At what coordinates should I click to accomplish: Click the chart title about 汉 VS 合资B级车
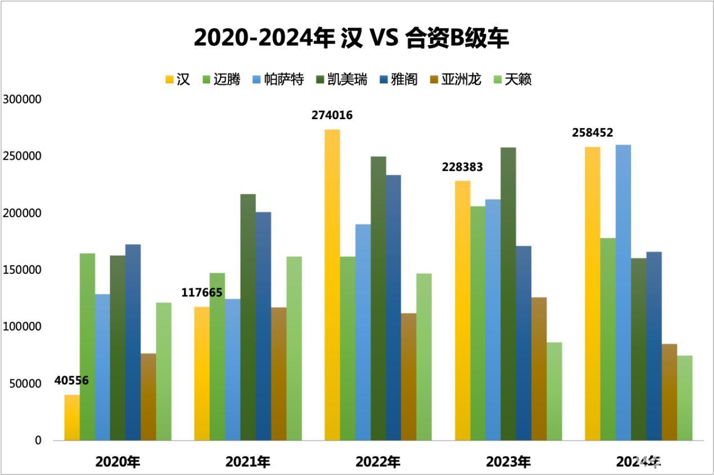click(351, 38)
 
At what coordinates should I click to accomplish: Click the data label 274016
click(332, 115)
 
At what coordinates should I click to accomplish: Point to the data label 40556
click(71, 381)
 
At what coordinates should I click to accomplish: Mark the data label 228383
click(462, 167)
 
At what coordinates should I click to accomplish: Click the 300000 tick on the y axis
click(23, 99)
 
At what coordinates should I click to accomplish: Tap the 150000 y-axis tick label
click(23, 270)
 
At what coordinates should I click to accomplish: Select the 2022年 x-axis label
click(378, 462)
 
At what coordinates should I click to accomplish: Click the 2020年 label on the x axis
click(118, 462)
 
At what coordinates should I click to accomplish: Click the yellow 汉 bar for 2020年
click(72, 417)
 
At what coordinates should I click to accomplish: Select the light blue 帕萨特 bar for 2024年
click(623, 292)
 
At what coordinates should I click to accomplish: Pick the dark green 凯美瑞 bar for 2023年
click(508, 293)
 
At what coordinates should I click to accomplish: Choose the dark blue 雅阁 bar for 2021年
click(263, 326)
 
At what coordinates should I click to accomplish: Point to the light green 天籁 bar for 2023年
click(554, 391)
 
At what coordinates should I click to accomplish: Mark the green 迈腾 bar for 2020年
click(87, 346)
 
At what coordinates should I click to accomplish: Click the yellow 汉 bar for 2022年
click(332, 284)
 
